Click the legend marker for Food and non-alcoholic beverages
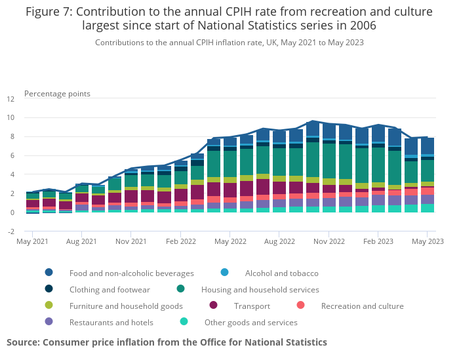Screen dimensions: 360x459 [49, 273]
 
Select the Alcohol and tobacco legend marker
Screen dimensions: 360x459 [225, 273]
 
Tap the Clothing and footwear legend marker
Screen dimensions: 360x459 [49, 289]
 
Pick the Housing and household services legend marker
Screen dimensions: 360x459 [181, 289]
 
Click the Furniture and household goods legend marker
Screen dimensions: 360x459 [49, 306]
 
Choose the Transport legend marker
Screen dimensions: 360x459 [214, 306]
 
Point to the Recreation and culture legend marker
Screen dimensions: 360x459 [301, 306]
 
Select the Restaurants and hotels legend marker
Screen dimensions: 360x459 [49, 322]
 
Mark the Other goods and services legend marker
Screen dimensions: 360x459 [184, 322]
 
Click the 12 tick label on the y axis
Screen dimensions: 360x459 [10, 99]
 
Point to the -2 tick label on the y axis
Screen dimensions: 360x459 [10, 231]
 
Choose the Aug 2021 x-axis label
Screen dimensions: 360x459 [81, 241]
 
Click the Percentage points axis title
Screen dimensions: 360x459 [57, 94]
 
